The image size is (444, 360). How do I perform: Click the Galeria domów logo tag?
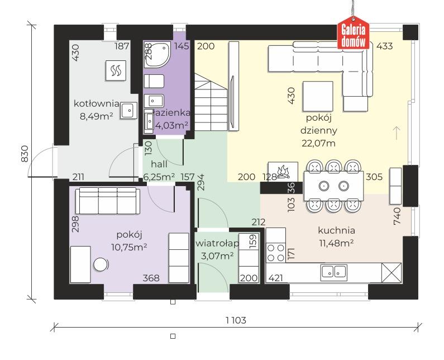[353, 32]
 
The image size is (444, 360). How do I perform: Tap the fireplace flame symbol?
[283, 172]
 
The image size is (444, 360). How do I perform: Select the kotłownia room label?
[96, 103]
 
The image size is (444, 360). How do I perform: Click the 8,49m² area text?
[96, 116]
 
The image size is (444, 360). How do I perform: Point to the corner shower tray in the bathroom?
[157, 55]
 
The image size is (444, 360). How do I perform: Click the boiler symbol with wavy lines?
[116, 70]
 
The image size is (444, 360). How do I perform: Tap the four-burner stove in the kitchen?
[276, 253]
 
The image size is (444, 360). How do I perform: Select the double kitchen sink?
[334, 272]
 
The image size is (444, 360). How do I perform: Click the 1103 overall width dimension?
[236, 320]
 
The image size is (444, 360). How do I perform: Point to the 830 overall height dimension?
[25, 154]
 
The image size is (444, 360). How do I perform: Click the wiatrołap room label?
[217, 244]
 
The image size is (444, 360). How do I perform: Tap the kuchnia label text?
[336, 230]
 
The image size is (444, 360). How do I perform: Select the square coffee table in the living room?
[318, 96]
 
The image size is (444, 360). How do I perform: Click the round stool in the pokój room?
[101, 264]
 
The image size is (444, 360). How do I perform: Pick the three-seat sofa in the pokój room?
[108, 201]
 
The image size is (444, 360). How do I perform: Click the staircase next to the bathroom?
[211, 102]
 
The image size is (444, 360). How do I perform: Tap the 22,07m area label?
[318, 143]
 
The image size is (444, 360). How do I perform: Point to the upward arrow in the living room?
[397, 133]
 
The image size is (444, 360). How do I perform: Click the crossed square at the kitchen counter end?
[392, 273]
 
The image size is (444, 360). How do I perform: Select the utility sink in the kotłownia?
[129, 110]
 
